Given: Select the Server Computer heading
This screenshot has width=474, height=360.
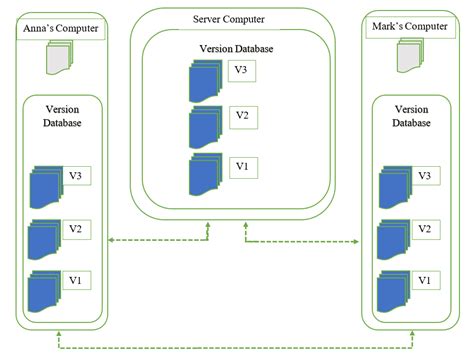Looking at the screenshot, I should pos(236,19).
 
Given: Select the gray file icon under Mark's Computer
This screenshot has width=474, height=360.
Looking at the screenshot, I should pos(410,59).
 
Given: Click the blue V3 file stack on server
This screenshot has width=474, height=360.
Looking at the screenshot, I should pos(207,80).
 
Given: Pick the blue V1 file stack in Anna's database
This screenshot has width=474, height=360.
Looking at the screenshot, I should pos(44,289).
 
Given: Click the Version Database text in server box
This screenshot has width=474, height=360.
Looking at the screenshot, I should pos(236,47).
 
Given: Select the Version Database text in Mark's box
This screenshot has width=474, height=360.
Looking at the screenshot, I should pos(411,115).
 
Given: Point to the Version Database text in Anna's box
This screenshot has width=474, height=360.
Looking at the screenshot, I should pos(63,115).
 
